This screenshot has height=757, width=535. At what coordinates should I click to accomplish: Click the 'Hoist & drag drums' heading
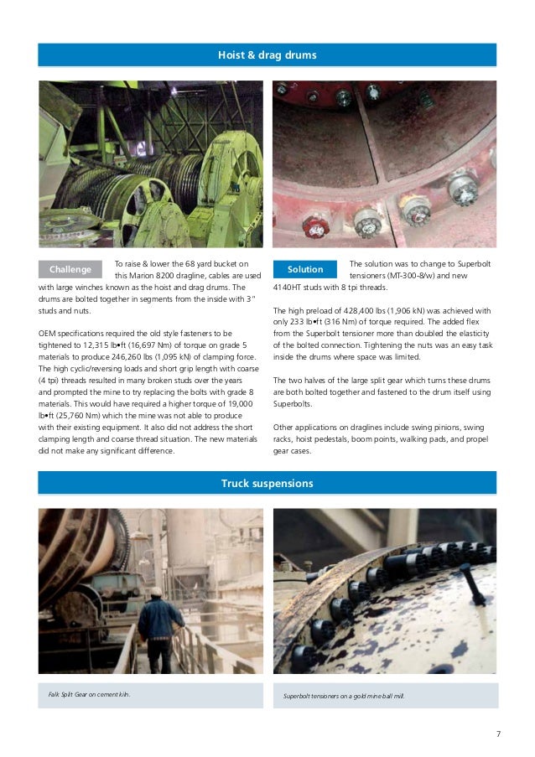click(x=267, y=55)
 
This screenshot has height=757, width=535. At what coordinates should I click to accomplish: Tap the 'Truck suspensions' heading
click(x=267, y=484)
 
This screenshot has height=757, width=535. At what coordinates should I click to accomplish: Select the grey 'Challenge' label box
click(x=70, y=269)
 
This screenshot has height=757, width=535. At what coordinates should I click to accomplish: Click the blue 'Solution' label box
click(x=305, y=269)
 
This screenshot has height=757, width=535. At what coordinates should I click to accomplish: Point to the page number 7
click(x=498, y=734)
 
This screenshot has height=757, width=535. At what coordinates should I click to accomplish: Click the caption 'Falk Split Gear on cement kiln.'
click(x=89, y=695)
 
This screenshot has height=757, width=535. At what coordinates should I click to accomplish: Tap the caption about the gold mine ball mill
click(x=344, y=696)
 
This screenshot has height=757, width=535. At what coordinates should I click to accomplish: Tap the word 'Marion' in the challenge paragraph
click(x=144, y=275)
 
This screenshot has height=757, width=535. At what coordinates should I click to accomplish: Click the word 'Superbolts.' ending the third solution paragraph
click(x=293, y=403)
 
